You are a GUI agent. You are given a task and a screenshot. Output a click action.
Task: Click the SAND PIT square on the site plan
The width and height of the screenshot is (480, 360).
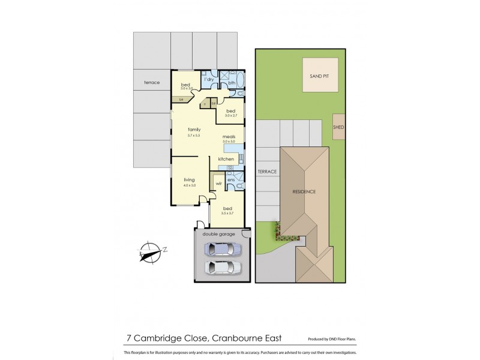(x=320, y=77)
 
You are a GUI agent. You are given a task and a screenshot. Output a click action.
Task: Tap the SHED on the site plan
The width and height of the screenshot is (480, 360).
(x=338, y=127)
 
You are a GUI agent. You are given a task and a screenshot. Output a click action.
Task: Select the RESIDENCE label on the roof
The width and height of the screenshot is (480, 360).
(x=304, y=191)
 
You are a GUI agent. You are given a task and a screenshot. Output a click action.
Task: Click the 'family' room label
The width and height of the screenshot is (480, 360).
(x=194, y=130)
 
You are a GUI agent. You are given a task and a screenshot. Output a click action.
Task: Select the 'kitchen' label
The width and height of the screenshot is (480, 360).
(x=226, y=158)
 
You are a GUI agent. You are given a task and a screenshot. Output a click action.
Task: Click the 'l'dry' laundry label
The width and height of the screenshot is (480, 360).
(x=209, y=80)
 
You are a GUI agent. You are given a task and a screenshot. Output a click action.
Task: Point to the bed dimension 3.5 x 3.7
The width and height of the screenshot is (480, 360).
(x=227, y=213)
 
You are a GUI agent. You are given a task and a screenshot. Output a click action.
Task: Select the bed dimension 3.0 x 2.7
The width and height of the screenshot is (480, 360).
(x=230, y=116)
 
